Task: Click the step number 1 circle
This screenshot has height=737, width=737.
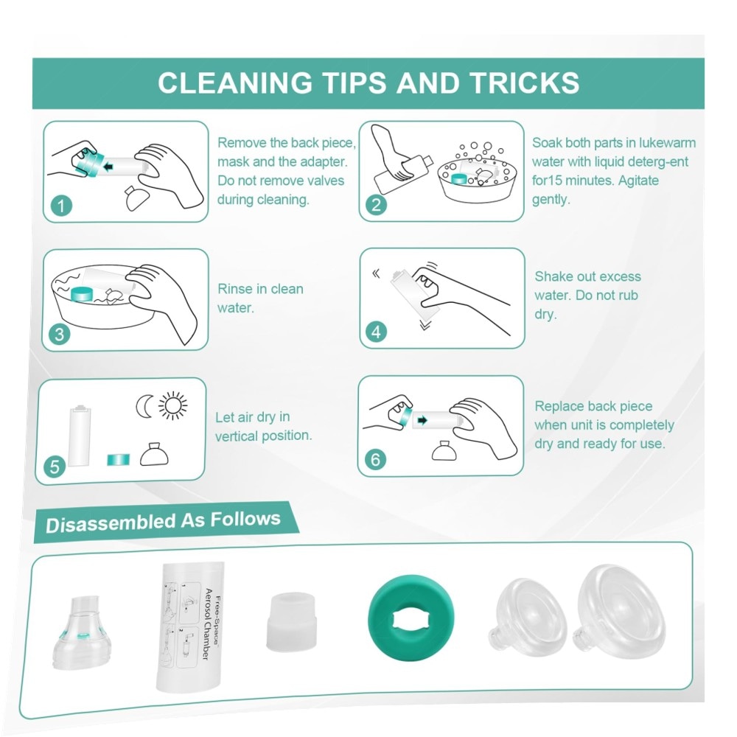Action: point(61,206)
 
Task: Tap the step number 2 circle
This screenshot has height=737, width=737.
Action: point(376,205)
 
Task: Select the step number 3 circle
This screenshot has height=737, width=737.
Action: point(59,334)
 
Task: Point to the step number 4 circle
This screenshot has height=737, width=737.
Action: point(376,332)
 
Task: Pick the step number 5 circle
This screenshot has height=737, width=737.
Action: point(55,467)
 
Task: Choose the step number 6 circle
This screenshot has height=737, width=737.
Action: point(375,459)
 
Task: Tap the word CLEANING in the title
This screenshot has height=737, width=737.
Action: point(235,83)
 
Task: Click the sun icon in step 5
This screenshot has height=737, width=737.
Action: point(172,405)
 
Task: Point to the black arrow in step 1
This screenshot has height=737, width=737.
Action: point(108,166)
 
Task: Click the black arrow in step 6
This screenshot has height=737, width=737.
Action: point(422,420)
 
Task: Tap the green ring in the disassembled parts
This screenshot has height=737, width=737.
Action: point(411,617)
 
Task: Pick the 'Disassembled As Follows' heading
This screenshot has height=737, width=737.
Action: point(163,522)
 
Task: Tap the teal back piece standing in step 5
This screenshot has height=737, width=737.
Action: point(119,459)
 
